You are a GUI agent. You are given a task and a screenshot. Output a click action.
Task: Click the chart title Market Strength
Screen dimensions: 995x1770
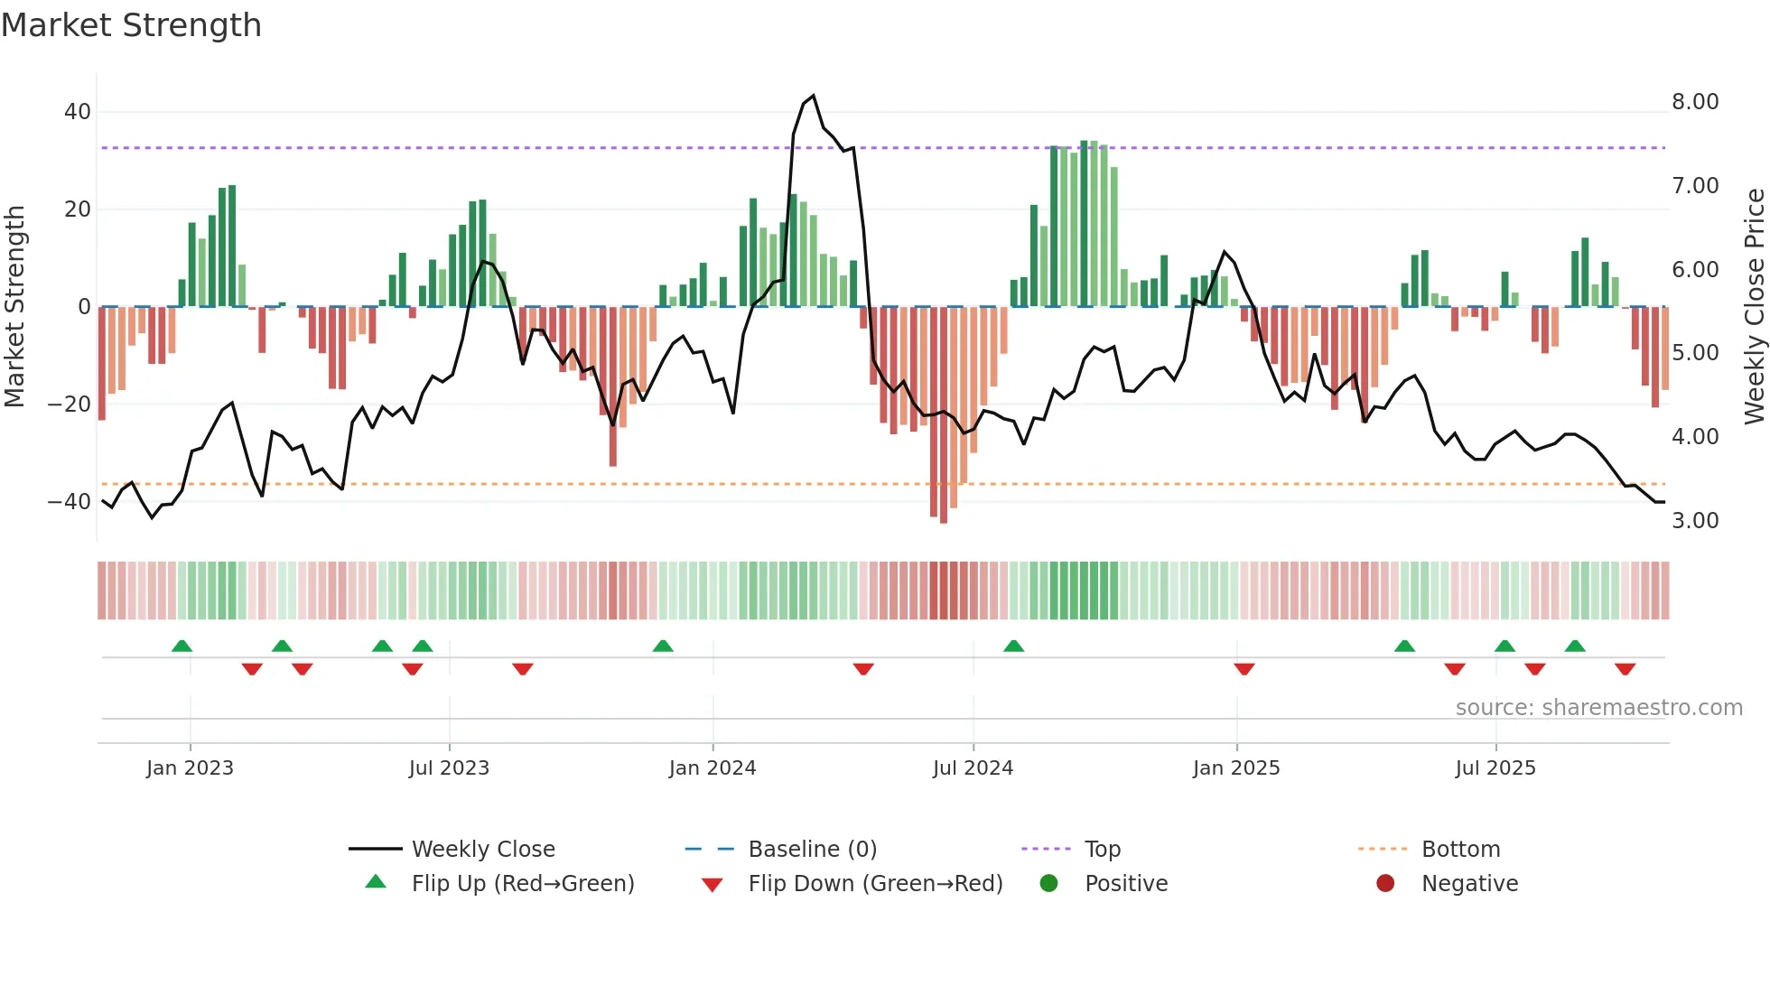pyautogui.click(x=131, y=25)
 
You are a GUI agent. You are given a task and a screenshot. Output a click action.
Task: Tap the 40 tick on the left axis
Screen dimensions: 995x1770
pyautogui.click(x=77, y=112)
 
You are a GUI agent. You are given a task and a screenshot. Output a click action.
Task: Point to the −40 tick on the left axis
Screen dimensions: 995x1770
pyautogui.click(x=70, y=501)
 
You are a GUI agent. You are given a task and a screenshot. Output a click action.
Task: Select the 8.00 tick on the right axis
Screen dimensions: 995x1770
pyautogui.click(x=1695, y=102)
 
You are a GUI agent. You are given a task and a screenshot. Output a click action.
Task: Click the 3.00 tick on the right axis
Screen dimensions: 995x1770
pyautogui.click(x=1695, y=521)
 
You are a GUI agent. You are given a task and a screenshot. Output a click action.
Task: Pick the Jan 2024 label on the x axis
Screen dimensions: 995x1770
pyautogui.click(x=712, y=768)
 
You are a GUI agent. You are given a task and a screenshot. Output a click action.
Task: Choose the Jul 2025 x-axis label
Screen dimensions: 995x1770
pyautogui.click(x=1495, y=768)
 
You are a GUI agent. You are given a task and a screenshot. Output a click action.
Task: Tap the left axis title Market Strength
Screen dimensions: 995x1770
pyautogui.click(x=14, y=307)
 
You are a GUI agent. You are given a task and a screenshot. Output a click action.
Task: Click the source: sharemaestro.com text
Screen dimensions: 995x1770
pyautogui.click(x=1598, y=708)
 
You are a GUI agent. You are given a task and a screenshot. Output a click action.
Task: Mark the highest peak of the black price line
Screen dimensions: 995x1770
pyautogui.click(x=813, y=96)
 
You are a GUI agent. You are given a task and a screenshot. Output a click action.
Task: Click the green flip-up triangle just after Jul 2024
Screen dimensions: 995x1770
pyautogui.click(x=1013, y=646)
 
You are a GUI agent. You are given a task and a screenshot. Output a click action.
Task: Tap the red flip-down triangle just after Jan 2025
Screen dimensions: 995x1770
pyautogui.click(x=1244, y=669)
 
